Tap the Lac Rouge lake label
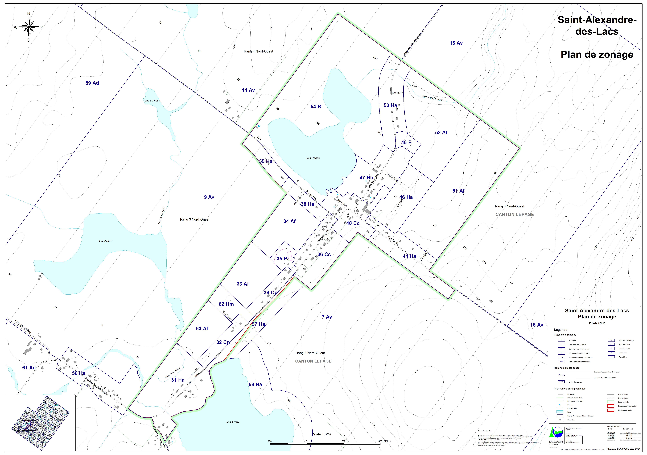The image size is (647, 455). pyautogui.click(x=313, y=158)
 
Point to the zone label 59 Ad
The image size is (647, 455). pyautogui.click(x=92, y=83)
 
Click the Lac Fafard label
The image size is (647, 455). pyautogui.click(x=106, y=241)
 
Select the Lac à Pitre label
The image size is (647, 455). pyautogui.click(x=233, y=422)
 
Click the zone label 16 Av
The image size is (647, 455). pyautogui.click(x=537, y=325)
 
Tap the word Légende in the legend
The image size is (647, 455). pyautogui.click(x=560, y=330)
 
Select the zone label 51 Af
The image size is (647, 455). pyautogui.click(x=458, y=191)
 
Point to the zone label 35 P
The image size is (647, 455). pyautogui.click(x=281, y=259)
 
